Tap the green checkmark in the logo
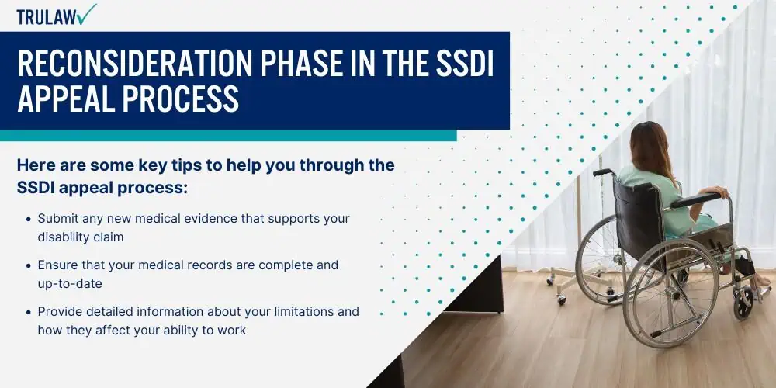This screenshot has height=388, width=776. click(x=87, y=14)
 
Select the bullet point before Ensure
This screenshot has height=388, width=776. click(x=28, y=265)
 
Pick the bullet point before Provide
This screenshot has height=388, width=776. click(x=28, y=312)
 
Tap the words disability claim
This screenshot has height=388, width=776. click(x=81, y=237)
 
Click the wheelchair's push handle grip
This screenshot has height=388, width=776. click(x=603, y=172)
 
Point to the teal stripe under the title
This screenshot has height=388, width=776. click(x=228, y=136)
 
